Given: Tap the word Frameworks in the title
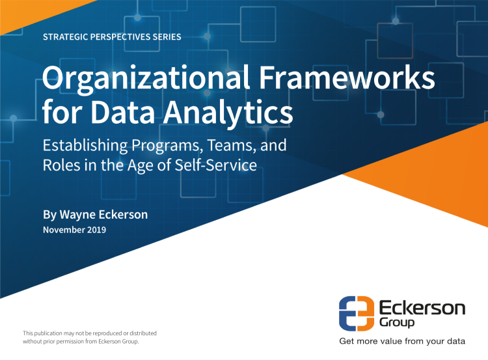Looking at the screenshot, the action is (x=347, y=77).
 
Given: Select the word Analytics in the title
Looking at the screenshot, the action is (x=228, y=112).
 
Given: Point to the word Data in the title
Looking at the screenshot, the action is (x=123, y=112).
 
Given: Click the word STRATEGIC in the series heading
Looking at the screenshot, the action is (x=65, y=37).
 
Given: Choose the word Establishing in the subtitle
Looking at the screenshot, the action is (x=85, y=146).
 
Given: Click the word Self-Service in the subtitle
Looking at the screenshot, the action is (x=215, y=165).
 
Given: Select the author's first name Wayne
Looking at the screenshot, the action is (x=77, y=215).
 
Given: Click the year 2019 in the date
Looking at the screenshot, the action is (x=96, y=230).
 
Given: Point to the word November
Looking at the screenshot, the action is (x=64, y=230).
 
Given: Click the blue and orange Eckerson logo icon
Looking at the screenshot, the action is (x=357, y=313).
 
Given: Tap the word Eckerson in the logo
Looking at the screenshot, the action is (x=422, y=308).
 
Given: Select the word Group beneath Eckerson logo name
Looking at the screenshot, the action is (x=397, y=322).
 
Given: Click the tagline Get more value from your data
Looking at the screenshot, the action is (x=402, y=341).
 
